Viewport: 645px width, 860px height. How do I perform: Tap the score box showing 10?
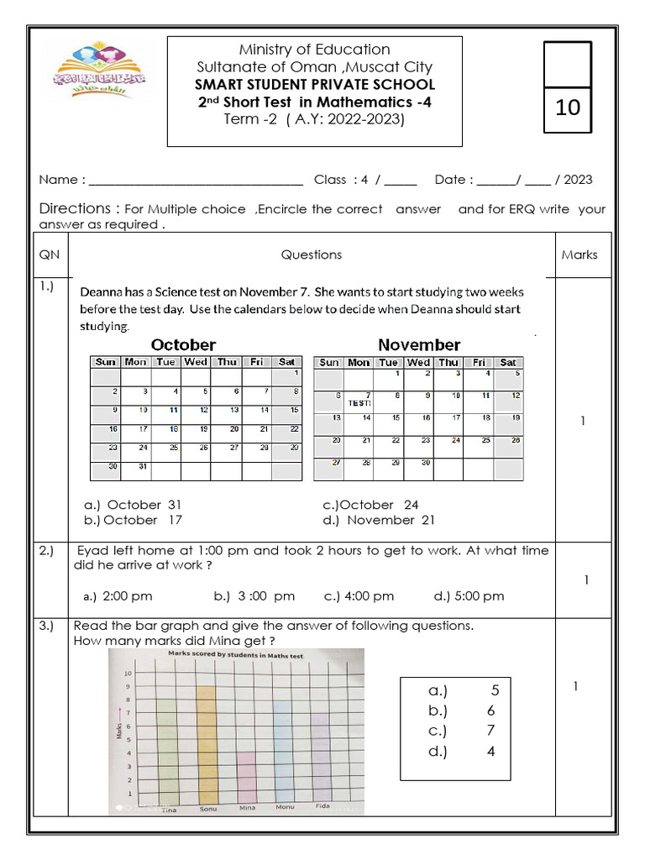[x=568, y=107]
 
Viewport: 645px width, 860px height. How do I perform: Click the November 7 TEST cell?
[x=359, y=399]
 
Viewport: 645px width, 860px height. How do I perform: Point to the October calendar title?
[x=183, y=345]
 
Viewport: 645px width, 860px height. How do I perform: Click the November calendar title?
[x=419, y=345]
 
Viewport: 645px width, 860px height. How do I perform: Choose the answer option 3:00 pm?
[x=254, y=596]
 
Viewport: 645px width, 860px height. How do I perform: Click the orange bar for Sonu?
[x=206, y=743]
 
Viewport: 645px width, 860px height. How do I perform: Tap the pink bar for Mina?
[x=246, y=776]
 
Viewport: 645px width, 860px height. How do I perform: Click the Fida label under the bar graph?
[x=322, y=807]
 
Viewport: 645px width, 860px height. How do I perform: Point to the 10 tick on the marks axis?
[x=128, y=674]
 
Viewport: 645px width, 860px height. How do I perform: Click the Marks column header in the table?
[x=579, y=254]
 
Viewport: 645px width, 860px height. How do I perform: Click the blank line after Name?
[x=196, y=180]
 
